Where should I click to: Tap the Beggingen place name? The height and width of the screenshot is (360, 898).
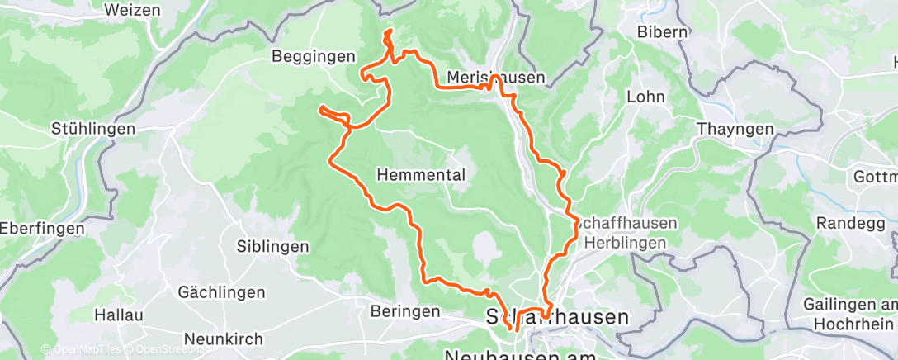pos(314,56)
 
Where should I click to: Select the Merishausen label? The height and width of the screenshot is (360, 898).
pos(495,78)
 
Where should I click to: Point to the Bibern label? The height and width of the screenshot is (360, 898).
pos(663,32)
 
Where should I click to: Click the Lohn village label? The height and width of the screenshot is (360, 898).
pos(646,97)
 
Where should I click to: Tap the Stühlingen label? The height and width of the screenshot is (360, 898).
pos(92,129)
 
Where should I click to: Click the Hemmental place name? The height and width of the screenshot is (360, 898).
pos(422,175)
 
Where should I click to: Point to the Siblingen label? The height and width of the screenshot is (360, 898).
pos(272,246)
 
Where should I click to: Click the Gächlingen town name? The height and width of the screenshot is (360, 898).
pos(222,292)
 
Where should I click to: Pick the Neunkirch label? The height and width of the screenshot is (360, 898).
pos(224,339)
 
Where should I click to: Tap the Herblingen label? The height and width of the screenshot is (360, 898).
pos(626,243)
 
